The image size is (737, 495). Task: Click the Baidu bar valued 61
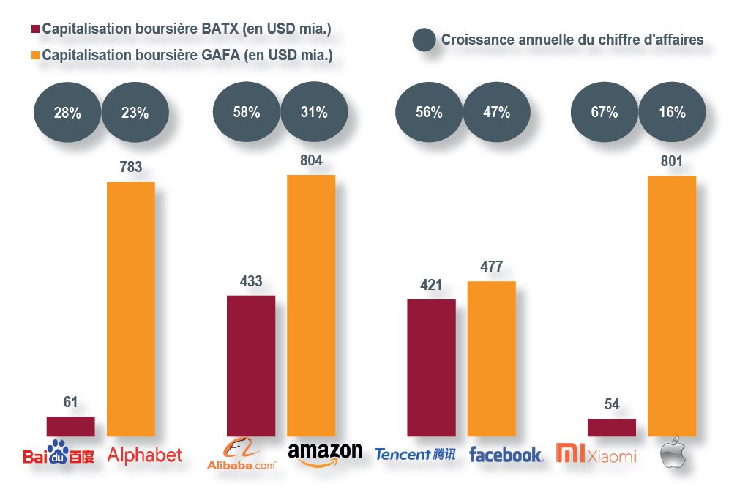[x=70, y=426]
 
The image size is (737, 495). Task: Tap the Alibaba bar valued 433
[x=251, y=366]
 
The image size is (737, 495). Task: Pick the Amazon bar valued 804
[x=311, y=305]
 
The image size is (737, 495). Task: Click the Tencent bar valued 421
[x=431, y=368]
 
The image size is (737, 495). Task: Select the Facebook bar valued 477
[x=491, y=359]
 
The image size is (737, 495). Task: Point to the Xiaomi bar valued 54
[x=611, y=428]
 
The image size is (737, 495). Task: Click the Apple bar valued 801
[x=671, y=306]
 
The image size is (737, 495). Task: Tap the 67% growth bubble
[x=605, y=113]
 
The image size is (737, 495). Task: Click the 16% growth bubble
[x=672, y=113]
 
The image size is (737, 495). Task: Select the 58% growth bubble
[x=247, y=113]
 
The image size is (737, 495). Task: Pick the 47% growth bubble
[x=497, y=113]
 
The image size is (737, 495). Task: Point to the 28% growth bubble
[x=67, y=113]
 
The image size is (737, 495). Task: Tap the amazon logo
[x=325, y=453]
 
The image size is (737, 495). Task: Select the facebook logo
[x=506, y=455]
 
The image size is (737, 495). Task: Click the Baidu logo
[x=59, y=454]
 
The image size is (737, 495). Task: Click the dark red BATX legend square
[x=34, y=29]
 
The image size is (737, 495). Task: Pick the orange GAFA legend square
[x=34, y=55]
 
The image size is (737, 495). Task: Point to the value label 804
[x=311, y=160]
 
